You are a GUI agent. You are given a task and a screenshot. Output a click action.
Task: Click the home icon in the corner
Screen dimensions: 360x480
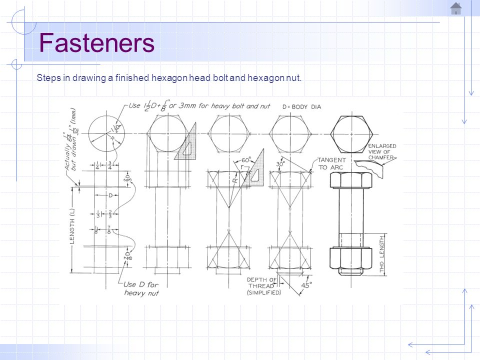pyautogui.click(x=455, y=8)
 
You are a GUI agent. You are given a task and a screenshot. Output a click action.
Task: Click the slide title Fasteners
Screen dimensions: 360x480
pyautogui.click(x=96, y=43)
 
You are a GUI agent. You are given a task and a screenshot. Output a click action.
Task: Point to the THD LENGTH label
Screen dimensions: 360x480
pyautogui.click(x=382, y=254)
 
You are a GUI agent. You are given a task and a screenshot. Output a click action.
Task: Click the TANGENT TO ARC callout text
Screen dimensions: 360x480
pyautogui.click(x=329, y=163)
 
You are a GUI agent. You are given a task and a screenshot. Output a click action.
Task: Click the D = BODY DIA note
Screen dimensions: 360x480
pyautogui.click(x=301, y=106)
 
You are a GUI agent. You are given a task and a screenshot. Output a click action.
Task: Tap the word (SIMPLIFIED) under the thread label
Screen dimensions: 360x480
pyautogui.click(x=263, y=292)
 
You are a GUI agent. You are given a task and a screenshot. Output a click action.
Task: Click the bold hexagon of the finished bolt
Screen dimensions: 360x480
pyautogui.click(x=351, y=133)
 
